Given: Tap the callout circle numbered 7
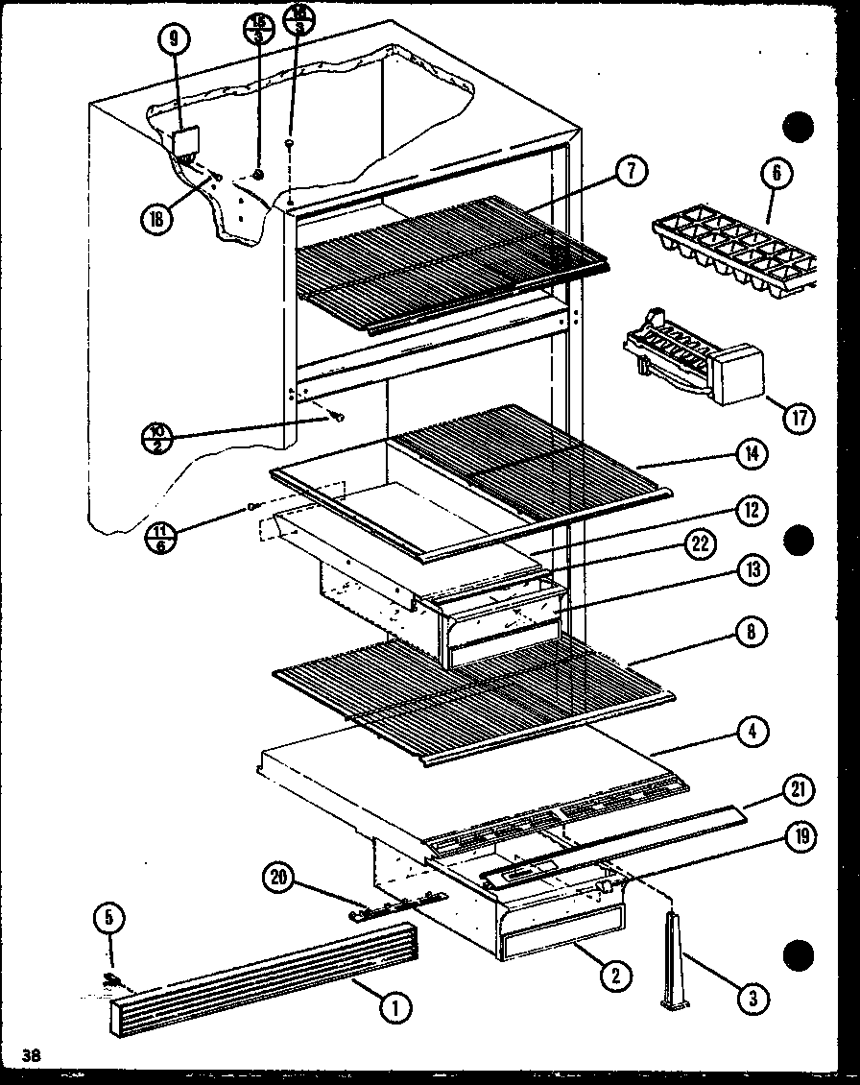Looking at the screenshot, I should [x=633, y=173].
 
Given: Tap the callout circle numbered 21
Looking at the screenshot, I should [x=799, y=791].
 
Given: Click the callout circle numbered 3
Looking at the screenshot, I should [x=754, y=1000].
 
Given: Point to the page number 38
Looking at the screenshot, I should [x=34, y=1056].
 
